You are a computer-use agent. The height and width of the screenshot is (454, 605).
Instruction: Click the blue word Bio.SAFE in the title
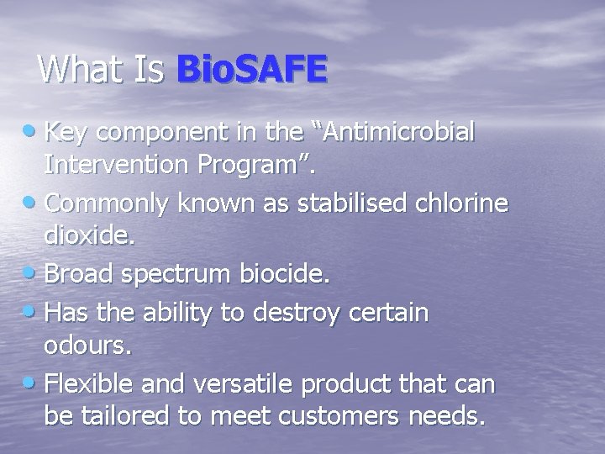point(251,69)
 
